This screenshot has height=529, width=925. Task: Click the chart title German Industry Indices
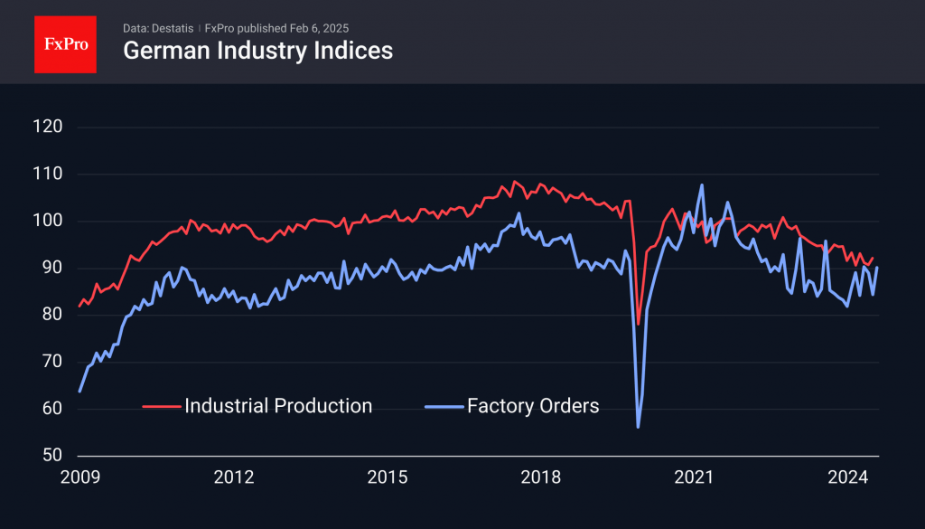pyautogui.click(x=257, y=51)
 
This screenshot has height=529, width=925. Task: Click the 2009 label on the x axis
pyautogui.click(x=79, y=476)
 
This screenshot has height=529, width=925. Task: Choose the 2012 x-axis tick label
pyautogui.click(x=233, y=476)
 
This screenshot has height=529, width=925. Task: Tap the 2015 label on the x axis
pyautogui.click(x=388, y=476)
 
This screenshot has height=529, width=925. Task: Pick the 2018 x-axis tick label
pyautogui.click(x=541, y=476)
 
